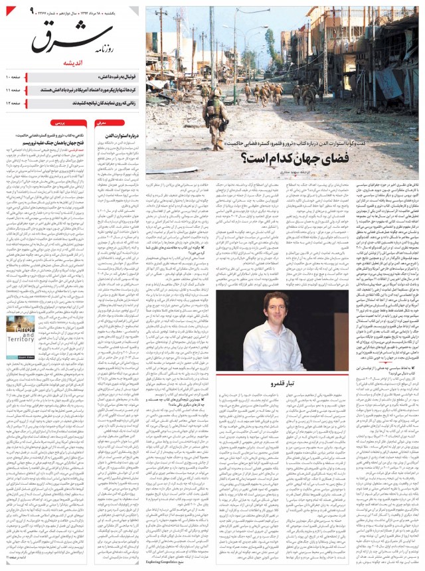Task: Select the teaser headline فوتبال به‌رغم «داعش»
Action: tap(107, 78)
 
